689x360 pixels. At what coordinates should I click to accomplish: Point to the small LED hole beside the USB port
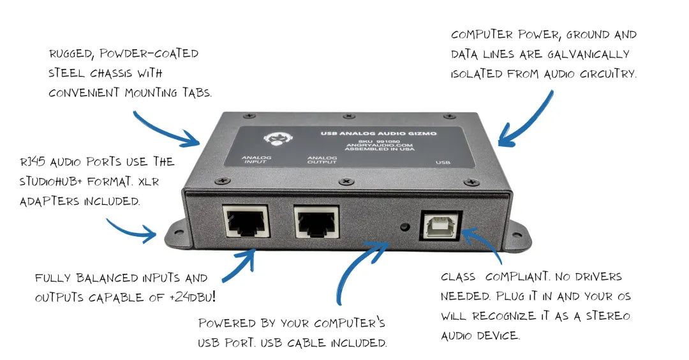pos(405,226)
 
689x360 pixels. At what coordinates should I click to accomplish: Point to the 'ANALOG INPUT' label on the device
pos(256,160)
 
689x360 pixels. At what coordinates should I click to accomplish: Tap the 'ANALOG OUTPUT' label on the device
pos(322,160)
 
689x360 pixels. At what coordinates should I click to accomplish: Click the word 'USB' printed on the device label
pos(443,163)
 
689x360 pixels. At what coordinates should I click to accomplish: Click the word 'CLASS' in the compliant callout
pos(458,278)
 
